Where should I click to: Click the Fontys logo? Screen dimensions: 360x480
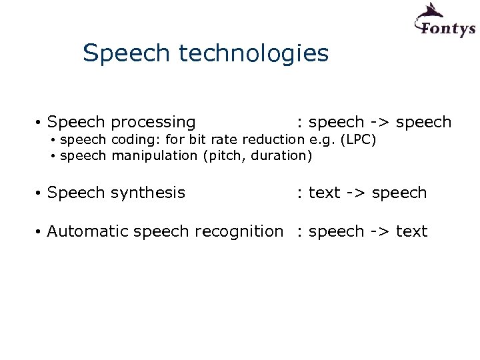point(444,21)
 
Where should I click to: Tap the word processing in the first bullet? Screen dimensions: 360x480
point(153,123)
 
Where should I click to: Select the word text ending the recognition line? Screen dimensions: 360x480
point(411,231)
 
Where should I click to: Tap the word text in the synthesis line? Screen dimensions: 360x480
point(325,193)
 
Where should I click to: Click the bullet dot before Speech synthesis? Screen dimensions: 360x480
point(39,194)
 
